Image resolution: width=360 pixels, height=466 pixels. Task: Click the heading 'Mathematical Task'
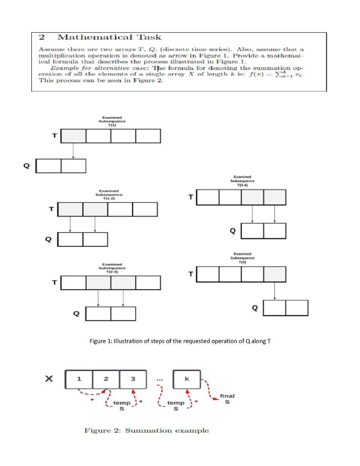coord(109,37)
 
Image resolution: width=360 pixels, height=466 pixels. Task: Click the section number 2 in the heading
coord(41,37)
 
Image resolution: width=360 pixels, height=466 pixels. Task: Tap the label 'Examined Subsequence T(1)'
coord(112,122)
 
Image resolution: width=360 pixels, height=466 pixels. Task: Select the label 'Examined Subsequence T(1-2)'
coord(109,194)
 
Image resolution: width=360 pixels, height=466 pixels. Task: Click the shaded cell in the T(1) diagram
coord(73,136)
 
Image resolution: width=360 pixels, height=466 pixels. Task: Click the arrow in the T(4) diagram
coord(274,291)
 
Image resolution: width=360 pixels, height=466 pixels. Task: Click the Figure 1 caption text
coord(180,341)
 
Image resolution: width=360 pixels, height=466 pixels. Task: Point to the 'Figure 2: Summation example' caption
coord(147,431)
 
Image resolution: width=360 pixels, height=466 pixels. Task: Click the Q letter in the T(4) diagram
coord(255,308)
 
